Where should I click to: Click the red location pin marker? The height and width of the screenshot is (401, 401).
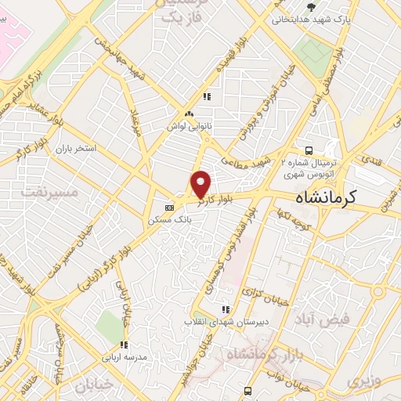(x=200, y=184)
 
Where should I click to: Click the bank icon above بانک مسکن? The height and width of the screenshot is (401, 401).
(x=170, y=208)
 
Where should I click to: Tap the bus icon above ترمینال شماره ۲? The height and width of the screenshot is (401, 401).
(x=309, y=149)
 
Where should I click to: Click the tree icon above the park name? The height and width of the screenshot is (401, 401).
(x=312, y=7)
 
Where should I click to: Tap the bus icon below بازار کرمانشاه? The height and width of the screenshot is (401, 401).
(x=248, y=390)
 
